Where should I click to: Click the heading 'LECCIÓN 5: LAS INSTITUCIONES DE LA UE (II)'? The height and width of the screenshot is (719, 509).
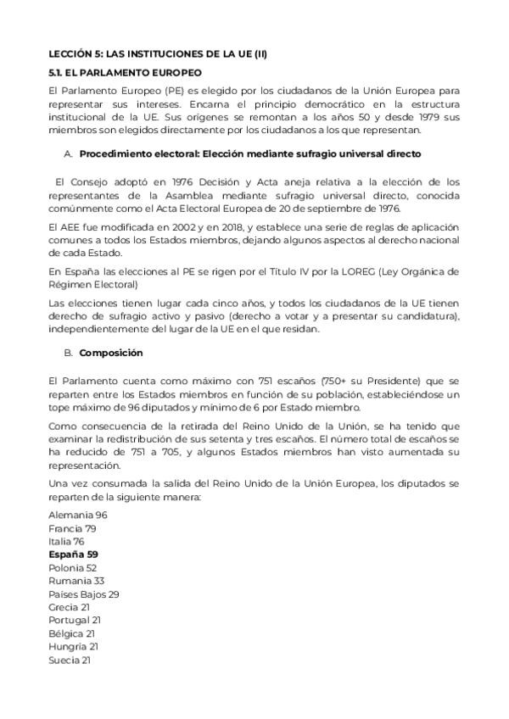[158, 53]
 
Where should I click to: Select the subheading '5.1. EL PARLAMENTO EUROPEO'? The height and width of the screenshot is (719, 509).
[124, 73]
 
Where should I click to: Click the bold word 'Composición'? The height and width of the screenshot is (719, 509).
[111, 352]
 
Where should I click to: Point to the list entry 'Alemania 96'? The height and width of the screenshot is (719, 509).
[78, 515]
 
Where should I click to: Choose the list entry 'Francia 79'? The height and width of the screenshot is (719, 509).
[72, 528]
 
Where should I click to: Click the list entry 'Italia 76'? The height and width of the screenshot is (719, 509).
[66, 541]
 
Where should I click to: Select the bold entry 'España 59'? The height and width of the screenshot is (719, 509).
[73, 555]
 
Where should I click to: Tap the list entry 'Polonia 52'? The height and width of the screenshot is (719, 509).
[73, 567]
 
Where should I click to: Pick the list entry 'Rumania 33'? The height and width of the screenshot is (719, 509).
[76, 581]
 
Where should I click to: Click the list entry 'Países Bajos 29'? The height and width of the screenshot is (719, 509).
[84, 594]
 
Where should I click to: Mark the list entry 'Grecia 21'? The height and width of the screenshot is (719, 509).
[70, 607]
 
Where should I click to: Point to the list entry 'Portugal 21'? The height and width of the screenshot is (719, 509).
[74, 621]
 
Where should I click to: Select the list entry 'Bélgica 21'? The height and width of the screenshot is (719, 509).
[71, 633]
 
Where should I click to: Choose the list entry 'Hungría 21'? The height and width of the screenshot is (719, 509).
[73, 647]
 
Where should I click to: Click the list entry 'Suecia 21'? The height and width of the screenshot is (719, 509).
[70, 660]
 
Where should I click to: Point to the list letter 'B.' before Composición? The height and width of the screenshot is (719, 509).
[69, 352]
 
